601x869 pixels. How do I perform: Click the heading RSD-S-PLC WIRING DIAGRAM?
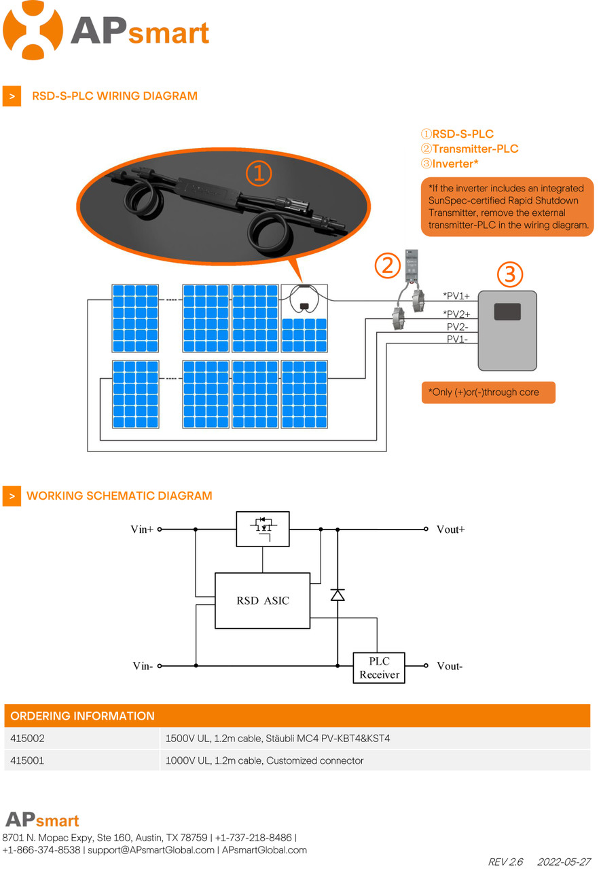click(x=114, y=96)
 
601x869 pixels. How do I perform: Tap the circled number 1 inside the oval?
click(x=259, y=174)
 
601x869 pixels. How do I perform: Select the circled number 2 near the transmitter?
click(x=387, y=265)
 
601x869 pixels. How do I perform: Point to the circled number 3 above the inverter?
click(x=510, y=274)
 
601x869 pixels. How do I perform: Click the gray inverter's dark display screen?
click(x=507, y=312)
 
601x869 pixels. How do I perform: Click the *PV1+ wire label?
click(x=456, y=296)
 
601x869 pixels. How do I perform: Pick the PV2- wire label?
click(x=457, y=327)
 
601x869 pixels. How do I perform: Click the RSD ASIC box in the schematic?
click(x=262, y=601)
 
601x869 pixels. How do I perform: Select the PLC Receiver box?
click(x=379, y=668)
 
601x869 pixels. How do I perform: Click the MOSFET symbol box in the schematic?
click(x=262, y=529)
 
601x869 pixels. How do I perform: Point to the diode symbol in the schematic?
click(x=338, y=595)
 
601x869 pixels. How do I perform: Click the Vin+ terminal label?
click(x=142, y=530)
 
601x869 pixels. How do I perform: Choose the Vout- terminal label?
click(x=450, y=667)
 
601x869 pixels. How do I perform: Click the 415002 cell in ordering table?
click(x=28, y=739)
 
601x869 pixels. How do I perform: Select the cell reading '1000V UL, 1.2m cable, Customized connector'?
click(x=264, y=761)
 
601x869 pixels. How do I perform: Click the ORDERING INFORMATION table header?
click(x=83, y=716)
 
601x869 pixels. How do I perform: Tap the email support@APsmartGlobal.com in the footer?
click(x=151, y=850)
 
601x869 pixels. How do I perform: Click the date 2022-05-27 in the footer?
click(x=564, y=862)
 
